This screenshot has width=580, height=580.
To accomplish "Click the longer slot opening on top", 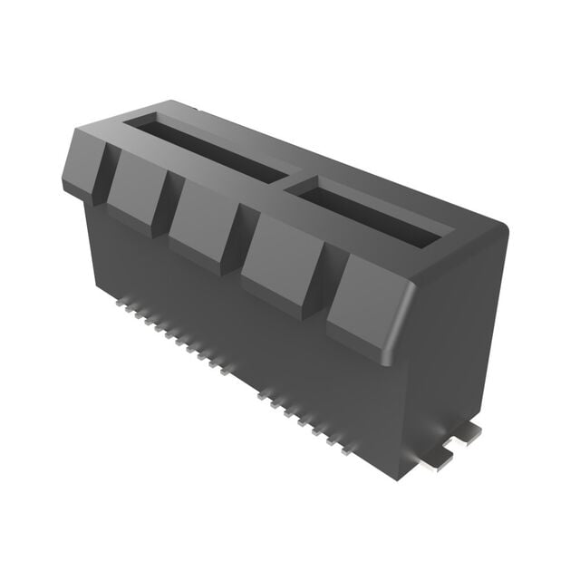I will point(214,150).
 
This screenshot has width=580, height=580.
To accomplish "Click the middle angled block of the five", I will point(204,222).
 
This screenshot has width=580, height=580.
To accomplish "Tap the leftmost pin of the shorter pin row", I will point(261,394).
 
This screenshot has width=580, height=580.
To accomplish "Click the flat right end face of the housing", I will point(453,344).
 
